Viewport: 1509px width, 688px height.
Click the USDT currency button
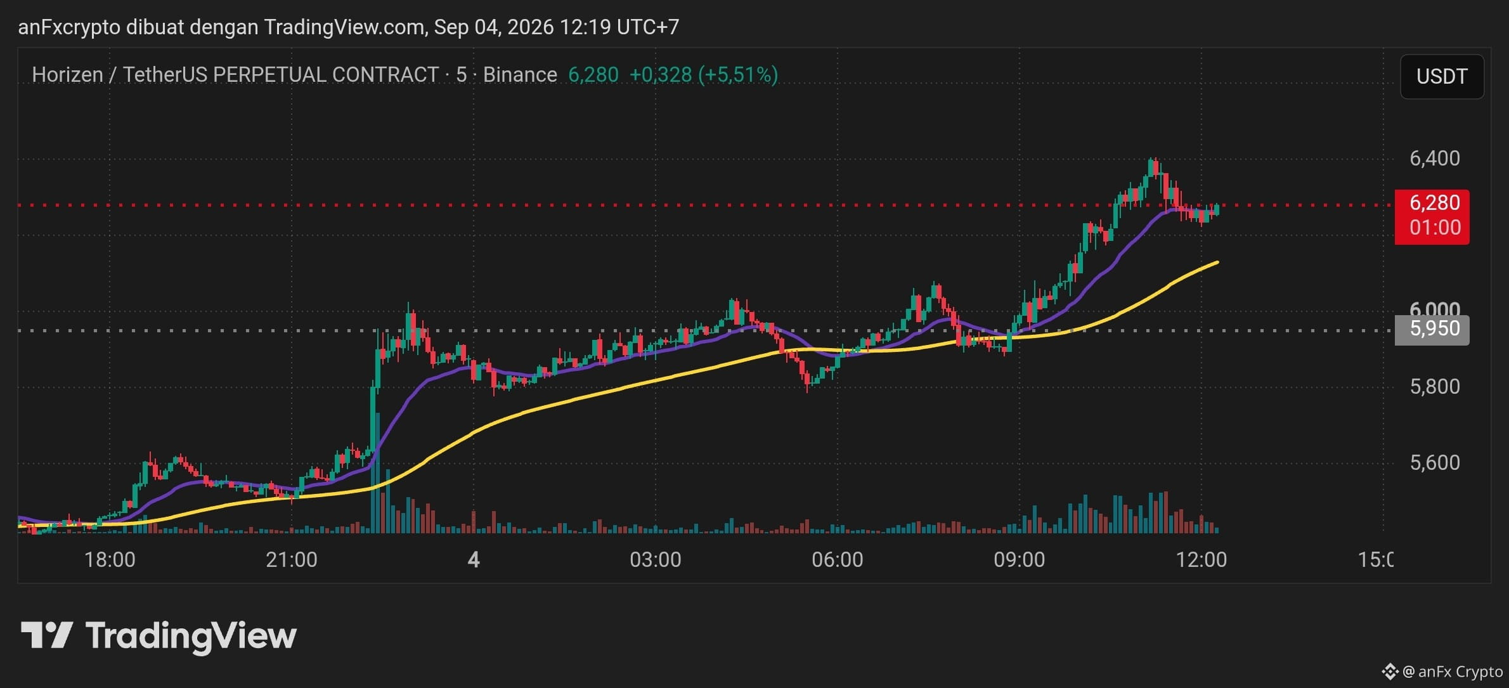click(1442, 77)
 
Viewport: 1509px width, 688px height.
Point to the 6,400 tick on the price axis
click(1434, 158)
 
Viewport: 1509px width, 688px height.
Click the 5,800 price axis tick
click(1434, 386)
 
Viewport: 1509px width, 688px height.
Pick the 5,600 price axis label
click(1434, 462)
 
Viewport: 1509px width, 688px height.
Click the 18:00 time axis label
click(110, 559)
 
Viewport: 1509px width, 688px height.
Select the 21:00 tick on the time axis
click(292, 559)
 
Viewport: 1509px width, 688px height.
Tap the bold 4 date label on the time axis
click(474, 559)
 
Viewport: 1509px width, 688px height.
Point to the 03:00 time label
click(656, 559)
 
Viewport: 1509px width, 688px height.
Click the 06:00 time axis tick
click(838, 559)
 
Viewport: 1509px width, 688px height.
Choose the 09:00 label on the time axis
click(1019, 559)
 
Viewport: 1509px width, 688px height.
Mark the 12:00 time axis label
click(1201, 559)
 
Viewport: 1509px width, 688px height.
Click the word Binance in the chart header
click(520, 75)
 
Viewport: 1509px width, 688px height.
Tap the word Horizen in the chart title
click(67, 75)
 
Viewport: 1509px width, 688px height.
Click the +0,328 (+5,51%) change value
click(703, 75)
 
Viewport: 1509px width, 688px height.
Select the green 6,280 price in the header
click(593, 75)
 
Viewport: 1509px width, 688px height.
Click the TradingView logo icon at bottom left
click(47, 635)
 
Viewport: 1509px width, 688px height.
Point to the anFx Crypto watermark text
click(1460, 672)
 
